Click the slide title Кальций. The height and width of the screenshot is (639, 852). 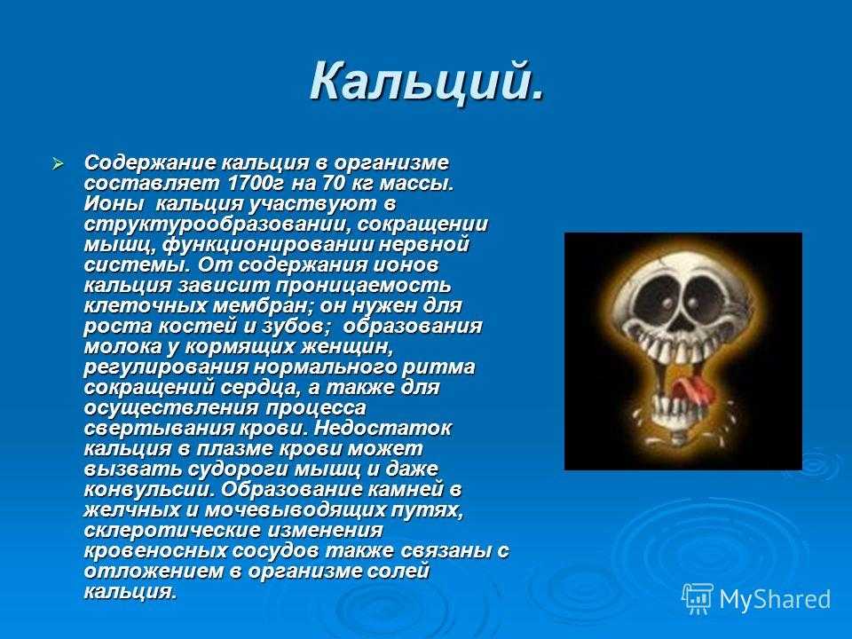point(427,82)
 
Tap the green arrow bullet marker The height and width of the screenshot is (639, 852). point(58,163)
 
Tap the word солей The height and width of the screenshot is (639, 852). point(398,571)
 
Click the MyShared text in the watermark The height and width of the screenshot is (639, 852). point(775,599)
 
